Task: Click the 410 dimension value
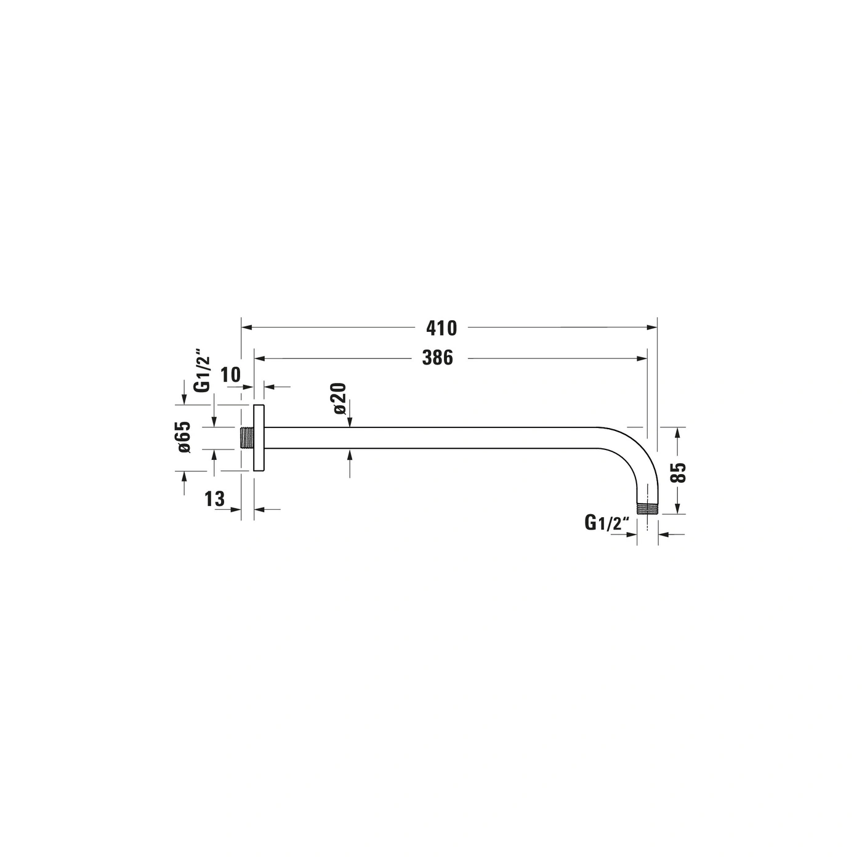[441, 328]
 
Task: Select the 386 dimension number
[438, 358]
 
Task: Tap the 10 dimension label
[230, 374]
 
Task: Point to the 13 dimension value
[214, 499]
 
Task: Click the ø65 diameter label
[184, 437]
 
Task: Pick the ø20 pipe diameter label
[339, 398]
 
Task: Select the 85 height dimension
[679, 472]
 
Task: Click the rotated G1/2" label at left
[202, 373]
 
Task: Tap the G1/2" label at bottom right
[607, 523]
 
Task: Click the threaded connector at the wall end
[246, 438]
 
